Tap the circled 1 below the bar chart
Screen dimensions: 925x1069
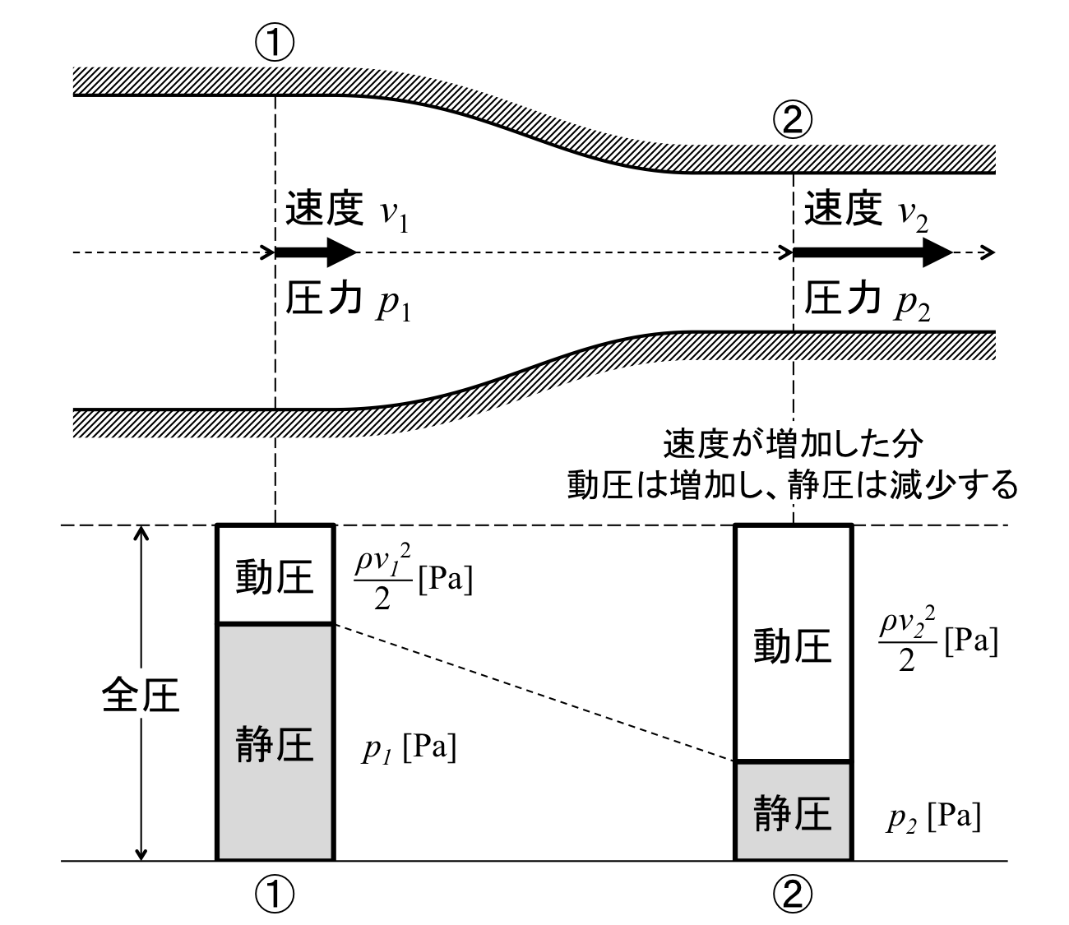275,892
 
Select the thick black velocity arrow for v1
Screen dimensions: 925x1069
317,252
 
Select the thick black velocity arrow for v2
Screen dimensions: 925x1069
872,252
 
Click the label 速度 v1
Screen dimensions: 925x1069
346,213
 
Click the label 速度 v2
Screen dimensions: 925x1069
866,213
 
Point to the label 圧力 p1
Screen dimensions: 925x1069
346,303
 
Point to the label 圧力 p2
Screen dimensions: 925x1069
866,303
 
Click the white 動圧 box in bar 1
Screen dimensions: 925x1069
275,576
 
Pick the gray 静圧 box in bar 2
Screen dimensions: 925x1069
793,812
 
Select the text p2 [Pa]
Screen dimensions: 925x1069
932,818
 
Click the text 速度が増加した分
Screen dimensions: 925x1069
793,446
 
